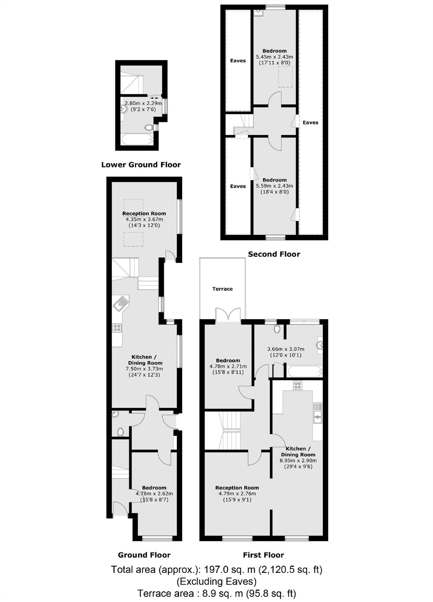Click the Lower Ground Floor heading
click(141, 165)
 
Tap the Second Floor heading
click(274, 254)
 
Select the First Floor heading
click(263, 555)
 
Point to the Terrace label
click(222, 289)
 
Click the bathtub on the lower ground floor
click(136, 139)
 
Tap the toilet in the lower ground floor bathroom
click(149, 127)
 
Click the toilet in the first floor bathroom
click(277, 329)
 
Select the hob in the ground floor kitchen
click(117, 328)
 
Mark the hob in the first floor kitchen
click(298, 385)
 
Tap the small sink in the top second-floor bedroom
click(258, 13)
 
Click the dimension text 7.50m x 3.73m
click(144, 369)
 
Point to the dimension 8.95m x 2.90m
click(298, 461)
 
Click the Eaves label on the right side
click(310, 123)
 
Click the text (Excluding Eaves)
click(216, 582)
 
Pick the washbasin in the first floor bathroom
click(320, 345)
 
